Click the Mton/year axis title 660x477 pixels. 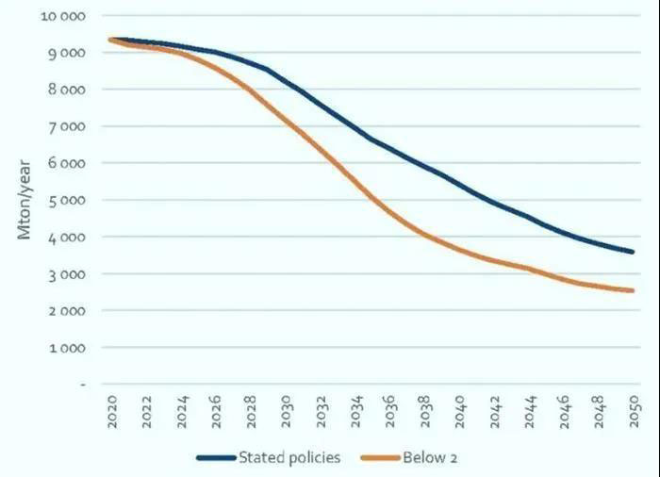coord(25,200)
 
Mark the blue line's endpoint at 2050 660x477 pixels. coord(633,252)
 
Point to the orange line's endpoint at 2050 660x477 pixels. coord(633,290)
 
